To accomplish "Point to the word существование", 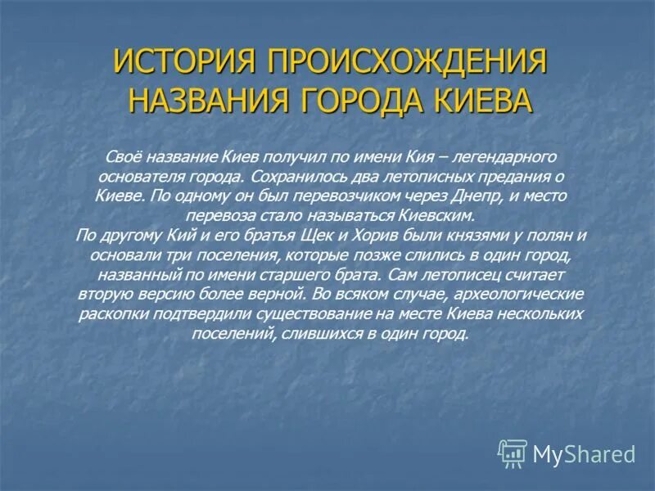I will point(329,314).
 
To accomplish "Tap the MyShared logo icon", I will point(513,453).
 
